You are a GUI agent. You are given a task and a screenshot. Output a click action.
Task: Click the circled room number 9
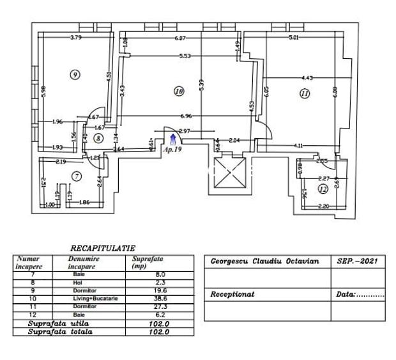[x=75, y=75]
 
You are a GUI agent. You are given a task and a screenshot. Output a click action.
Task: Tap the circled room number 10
[x=179, y=92]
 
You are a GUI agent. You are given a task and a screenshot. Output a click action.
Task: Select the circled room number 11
[x=304, y=93]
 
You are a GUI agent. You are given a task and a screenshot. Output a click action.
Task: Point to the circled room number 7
[x=77, y=175]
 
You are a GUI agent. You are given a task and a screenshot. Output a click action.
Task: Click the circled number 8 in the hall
[x=98, y=137]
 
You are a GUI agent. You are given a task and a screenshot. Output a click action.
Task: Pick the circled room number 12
[x=323, y=189]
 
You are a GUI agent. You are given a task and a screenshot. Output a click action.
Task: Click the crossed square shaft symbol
[x=229, y=172]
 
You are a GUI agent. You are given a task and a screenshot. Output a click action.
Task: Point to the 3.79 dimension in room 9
[x=76, y=38]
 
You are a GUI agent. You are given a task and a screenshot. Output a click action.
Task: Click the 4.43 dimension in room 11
[x=307, y=78]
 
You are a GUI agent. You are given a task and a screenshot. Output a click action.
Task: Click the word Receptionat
[x=232, y=295]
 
